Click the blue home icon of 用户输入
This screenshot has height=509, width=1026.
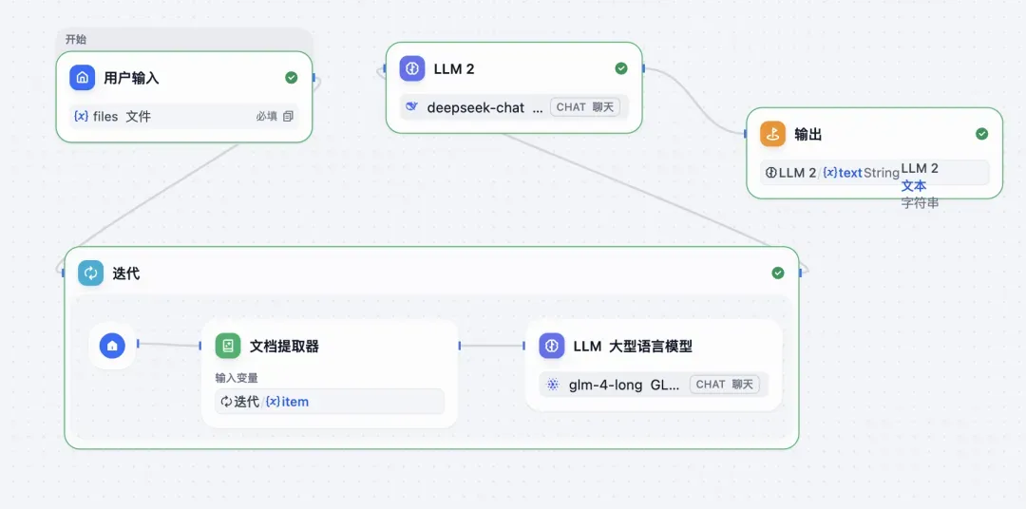tap(83, 78)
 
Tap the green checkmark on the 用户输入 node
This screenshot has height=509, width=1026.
tap(292, 78)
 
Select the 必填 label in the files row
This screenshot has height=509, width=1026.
tap(266, 117)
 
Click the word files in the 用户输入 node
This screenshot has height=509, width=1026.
tap(105, 117)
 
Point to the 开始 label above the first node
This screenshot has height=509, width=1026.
tap(76, 39)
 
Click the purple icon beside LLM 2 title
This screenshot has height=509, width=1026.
tap(412, 68)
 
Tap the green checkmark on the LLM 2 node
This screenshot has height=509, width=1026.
tap(621, 68)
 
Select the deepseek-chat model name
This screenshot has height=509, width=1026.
tap(476, 107)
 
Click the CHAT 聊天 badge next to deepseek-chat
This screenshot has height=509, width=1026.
tap(584, 107)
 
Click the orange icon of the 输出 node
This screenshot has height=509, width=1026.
tap(773, 134)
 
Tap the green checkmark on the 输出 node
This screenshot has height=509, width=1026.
tap(982, 134)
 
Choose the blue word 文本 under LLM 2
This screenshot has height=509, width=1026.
tap(914, 186)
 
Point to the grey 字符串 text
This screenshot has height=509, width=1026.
tap(920, 202)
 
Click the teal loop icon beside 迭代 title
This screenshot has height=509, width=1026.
tap(91, 273)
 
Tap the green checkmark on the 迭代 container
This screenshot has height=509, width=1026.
tap(778, 273)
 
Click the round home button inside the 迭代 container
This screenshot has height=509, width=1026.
tap(112, 346)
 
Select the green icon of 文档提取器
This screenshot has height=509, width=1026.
tap(228, 346)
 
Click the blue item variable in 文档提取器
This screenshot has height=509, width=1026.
tap(294, 402)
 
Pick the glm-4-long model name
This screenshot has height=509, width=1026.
tap(604, 385)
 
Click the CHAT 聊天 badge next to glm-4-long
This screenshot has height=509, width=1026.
tap(724, 385)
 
